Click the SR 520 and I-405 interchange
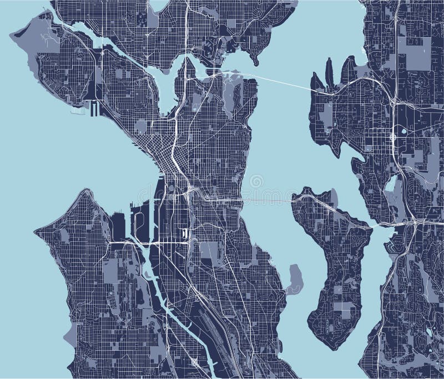pos(393,102)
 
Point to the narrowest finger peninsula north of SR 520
pos(329,72)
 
